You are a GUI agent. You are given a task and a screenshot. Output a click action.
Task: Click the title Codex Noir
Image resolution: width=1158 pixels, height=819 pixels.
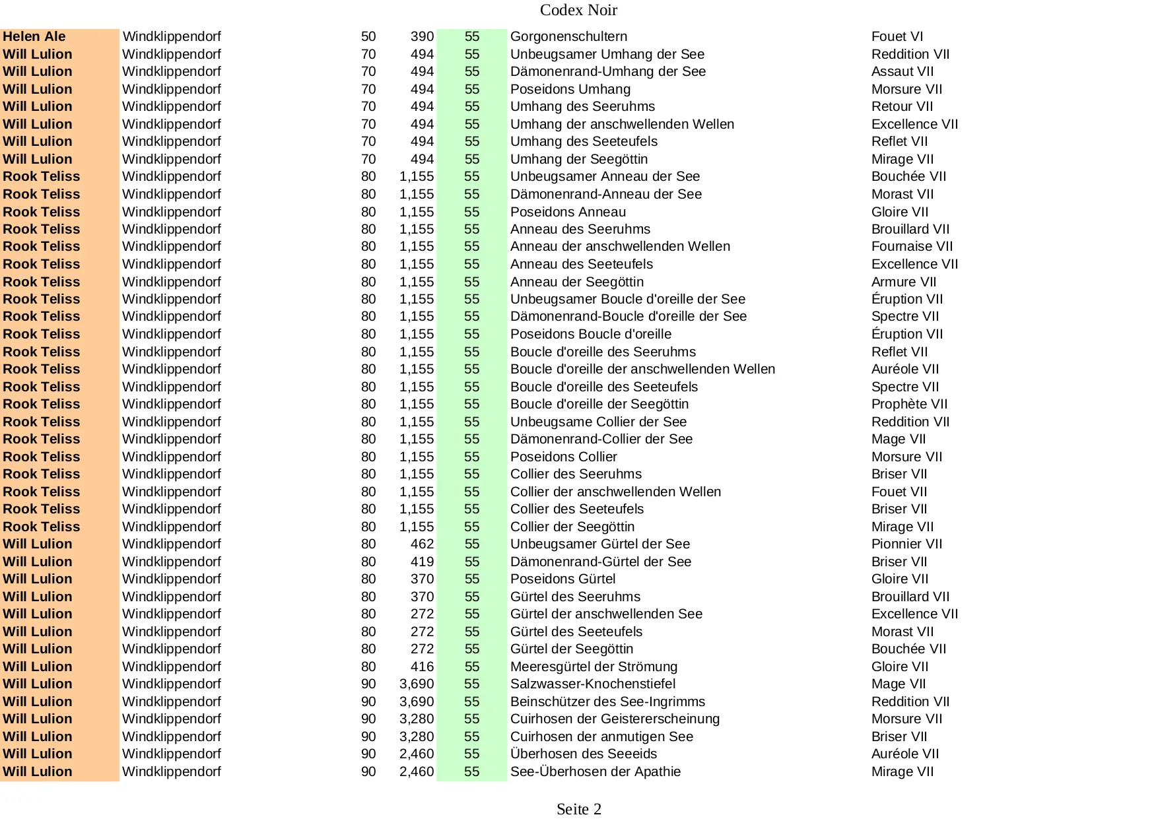pos(578,10)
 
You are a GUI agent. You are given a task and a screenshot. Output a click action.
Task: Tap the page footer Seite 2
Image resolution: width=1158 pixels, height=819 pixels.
pos(578,809)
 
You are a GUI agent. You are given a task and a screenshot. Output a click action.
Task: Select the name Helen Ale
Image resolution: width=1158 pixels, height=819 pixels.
pos(34,37)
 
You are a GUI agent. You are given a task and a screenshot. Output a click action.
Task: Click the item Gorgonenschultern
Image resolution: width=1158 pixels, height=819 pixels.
pos(568,37)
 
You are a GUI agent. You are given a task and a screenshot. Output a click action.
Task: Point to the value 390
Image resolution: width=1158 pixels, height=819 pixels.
pos(422,37)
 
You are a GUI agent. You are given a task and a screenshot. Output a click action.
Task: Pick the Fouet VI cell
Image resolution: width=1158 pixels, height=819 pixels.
pos(897,37)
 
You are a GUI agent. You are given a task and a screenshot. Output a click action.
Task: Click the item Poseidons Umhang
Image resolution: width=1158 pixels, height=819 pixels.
pos(570,89)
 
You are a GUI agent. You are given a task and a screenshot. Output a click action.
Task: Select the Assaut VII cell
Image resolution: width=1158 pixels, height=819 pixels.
pos(902,72)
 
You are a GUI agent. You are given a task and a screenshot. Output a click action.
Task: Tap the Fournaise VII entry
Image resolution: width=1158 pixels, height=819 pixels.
pos(912,247)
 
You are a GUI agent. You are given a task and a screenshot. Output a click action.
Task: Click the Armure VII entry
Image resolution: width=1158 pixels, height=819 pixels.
pos(903,282)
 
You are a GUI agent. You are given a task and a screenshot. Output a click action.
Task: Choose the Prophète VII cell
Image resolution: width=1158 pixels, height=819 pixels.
pos(909,405)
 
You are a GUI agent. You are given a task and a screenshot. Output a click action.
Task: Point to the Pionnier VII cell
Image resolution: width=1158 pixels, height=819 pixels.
pos(906,544)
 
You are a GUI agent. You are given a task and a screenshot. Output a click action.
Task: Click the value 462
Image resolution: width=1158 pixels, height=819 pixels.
pos(422,544)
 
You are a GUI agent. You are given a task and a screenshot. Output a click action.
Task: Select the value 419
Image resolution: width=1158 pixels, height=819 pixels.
pos(422,562)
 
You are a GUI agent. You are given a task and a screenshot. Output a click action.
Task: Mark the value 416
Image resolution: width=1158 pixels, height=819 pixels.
pos(422,667)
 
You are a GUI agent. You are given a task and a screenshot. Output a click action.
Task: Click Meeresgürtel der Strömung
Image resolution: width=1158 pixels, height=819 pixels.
pos(594,667)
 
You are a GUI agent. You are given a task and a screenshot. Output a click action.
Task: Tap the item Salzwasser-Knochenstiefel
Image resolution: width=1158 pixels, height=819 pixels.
pos(592,684)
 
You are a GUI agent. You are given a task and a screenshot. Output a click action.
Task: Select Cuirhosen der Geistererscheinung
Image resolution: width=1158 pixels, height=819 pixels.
pos(615,719)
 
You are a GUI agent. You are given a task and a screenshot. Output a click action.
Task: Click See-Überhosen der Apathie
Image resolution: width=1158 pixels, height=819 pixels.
pos(595,772)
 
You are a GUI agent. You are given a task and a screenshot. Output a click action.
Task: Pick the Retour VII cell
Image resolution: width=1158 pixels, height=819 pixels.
pos(902,107)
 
